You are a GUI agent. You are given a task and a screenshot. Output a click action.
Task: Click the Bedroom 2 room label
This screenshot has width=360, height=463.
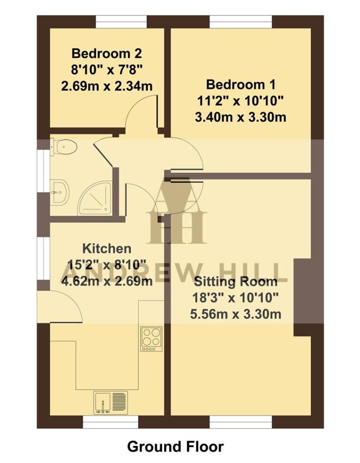click(107, 54)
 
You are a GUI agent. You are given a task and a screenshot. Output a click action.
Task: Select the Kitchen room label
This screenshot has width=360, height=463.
click(107, 248)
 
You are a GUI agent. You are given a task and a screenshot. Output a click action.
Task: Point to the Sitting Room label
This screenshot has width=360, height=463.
click(235, 282)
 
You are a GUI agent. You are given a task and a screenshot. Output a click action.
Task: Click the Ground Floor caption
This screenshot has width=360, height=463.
click(175, 447)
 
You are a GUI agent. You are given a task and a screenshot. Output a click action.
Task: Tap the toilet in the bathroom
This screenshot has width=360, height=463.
click(63, 147)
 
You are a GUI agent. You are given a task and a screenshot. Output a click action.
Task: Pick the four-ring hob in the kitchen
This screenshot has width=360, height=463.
click(151, 339)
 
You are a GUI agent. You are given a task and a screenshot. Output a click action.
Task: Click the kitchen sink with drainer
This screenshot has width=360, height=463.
click(111, 402)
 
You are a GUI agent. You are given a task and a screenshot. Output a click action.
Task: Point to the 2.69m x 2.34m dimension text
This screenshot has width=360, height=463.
click(107, 85)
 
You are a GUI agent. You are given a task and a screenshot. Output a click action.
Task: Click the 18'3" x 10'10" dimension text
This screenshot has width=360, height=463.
click(235, 298)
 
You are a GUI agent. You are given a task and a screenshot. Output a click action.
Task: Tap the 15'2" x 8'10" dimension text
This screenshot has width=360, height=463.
click(107, 265)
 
